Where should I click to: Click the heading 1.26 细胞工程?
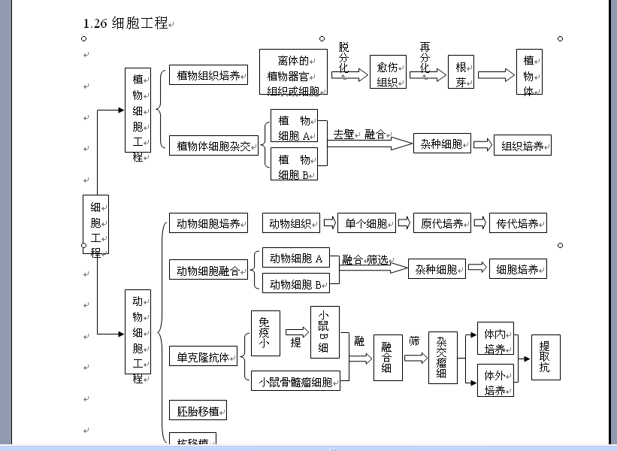(x=126, y=23)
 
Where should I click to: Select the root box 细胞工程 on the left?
(x=95, y=225)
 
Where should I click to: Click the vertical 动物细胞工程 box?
(x=138, y=331)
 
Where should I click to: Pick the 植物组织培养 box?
(x=208, y=75)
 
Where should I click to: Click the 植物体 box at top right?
(x=529, y=74)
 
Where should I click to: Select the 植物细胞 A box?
(x=294, y=127)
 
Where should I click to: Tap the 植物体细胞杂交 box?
(x=213, y=145)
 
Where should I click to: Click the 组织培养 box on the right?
(x=522, y=146)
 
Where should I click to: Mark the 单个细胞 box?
(x=366, y=223)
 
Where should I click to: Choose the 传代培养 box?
(x=518, y=223)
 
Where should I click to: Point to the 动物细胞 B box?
(x=296, y=283)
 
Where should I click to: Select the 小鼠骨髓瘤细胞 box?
(x=295, y=381)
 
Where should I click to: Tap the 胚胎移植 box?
(x=198, y=410)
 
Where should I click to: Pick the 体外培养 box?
(x=495, y=382)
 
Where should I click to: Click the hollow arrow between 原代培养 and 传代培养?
(x=479, y=223)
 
